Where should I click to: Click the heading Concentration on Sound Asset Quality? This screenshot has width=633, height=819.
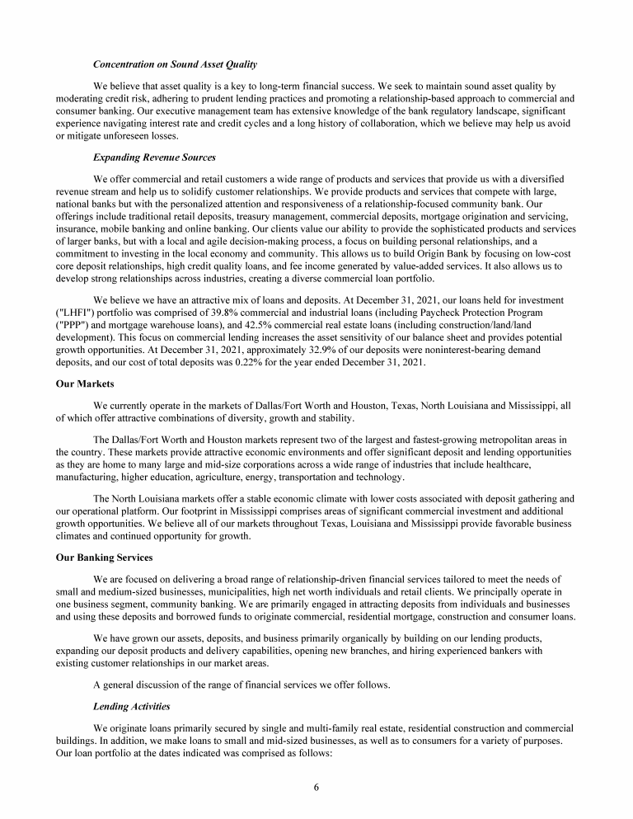pos(176,64)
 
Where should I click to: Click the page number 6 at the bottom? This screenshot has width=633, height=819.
pos(316,787)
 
